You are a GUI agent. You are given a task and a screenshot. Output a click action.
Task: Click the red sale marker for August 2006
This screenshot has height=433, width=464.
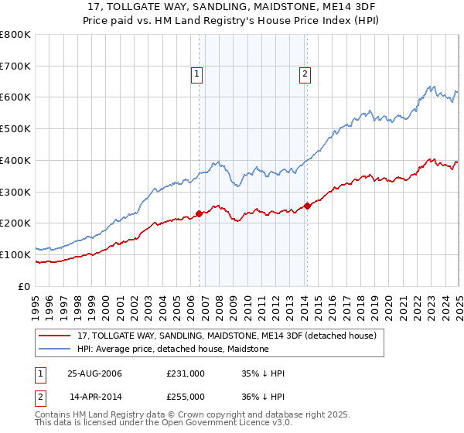(200, 213)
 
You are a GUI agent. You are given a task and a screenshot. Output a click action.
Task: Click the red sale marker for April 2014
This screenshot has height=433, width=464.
(307, 206)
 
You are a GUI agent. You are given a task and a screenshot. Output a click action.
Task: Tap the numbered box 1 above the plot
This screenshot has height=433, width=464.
(196, 74)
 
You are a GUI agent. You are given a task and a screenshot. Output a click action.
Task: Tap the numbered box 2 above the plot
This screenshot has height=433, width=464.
(305, 74)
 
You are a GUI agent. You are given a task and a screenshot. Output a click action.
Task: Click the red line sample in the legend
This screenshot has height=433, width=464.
(55, 336)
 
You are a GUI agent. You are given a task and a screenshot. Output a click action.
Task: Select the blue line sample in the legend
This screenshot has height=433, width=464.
(55, 349)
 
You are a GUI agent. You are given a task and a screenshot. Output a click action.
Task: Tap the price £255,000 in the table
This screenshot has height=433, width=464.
(186, 396)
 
